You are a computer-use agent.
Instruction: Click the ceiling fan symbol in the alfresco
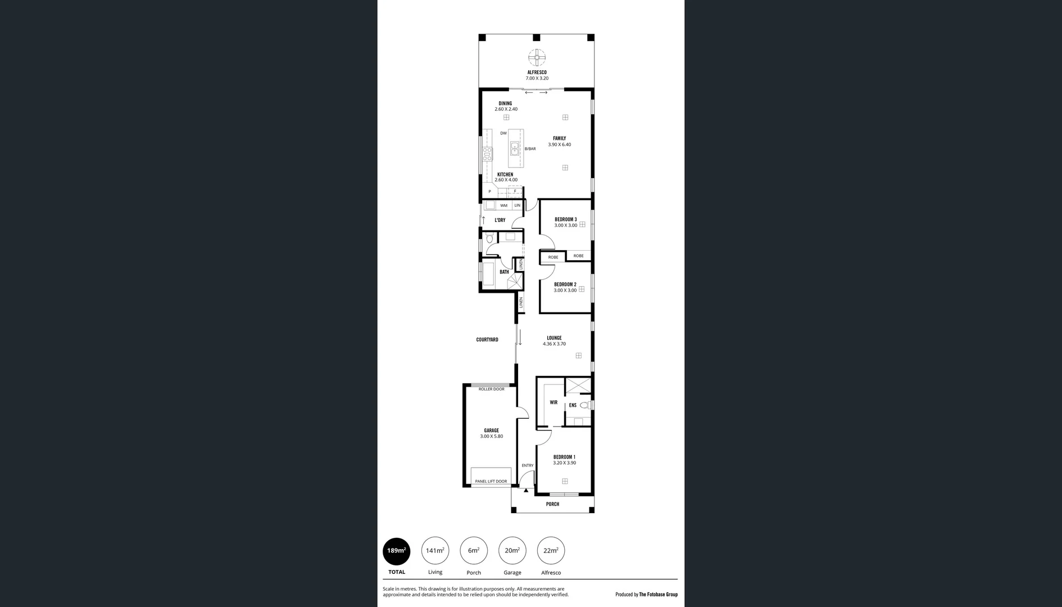tap(537, 57)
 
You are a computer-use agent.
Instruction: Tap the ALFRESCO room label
tap(537, 73)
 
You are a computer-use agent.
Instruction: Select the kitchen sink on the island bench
tap(515, 149)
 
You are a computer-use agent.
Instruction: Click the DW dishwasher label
tap(503, 133)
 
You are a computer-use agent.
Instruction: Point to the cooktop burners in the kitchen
tap(487, 154)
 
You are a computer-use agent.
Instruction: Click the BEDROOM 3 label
tap(565, 219)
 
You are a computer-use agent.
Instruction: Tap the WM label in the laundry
tap(503, 206)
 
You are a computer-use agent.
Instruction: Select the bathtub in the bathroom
tap(488, 274)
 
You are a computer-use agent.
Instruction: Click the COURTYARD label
tap(487, 339)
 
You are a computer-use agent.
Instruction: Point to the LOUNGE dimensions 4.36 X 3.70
tap(554, 344)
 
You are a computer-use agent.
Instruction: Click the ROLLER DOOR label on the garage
tap(491, 389)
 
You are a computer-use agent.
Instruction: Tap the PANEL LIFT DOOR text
tap(491, 481)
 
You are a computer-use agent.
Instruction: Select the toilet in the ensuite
tap(584, 405)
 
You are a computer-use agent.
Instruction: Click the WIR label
tap(553, 402)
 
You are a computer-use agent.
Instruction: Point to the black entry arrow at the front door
tap(526, 491)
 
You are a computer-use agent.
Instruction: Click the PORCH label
tap(552, 504)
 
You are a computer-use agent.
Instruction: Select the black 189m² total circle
tap(396, 551)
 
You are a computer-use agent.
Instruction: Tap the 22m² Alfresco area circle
tap(551, 551)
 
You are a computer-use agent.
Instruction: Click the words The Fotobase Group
tap(658, 594)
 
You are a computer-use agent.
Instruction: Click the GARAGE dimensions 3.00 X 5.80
tap(491, 436)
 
